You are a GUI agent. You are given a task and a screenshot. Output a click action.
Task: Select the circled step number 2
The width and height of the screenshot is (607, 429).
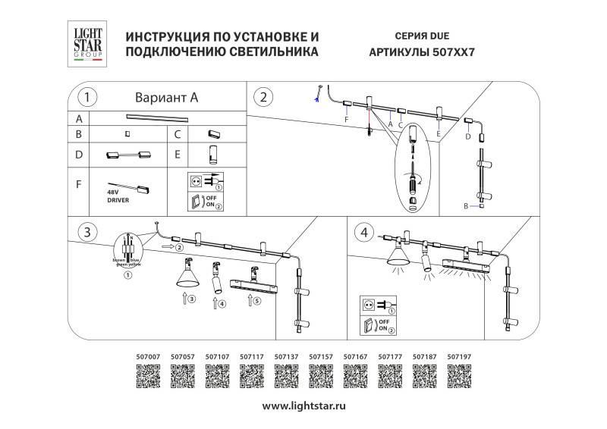(263, 97)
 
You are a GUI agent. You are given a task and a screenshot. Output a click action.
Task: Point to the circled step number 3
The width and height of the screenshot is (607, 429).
(88, 230)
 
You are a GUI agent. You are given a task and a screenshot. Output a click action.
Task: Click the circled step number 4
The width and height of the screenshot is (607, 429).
(367, 230)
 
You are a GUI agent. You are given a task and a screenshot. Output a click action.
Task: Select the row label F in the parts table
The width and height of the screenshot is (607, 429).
(78, 184)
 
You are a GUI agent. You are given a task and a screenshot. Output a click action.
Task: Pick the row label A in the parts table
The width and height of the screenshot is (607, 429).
(78, 118)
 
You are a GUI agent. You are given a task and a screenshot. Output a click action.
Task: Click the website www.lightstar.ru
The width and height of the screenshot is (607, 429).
(303, 406)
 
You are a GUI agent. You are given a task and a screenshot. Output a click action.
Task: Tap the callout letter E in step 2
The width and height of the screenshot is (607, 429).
(439, 133)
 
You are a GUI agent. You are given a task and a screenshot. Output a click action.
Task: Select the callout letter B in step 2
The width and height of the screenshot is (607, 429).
(466, 206)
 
